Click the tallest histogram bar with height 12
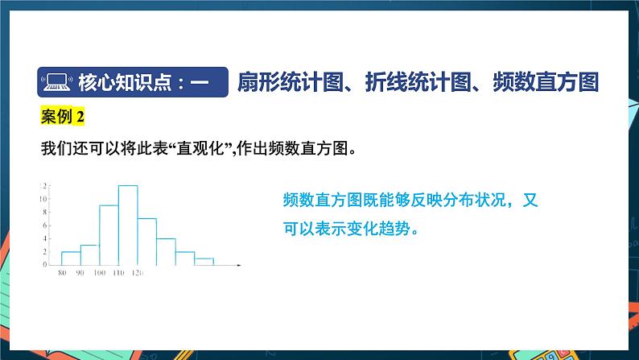(128, 226)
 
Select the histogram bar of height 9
(109, 235)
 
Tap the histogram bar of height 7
(146, 242)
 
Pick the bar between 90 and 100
(89, 254)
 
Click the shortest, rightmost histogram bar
(204, 261)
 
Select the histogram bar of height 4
(166, 251)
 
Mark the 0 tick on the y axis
(43, 264)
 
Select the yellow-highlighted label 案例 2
(62, 118)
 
